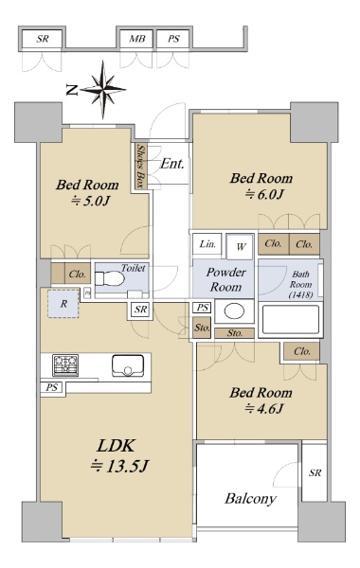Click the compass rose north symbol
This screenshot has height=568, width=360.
point(103,89)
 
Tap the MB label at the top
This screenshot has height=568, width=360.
point(137,39)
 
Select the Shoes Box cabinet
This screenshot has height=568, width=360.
point(140,166)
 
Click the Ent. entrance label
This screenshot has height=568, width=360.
point(172,164)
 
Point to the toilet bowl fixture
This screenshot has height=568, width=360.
point(109,279)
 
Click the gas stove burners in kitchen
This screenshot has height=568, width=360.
point(65,365)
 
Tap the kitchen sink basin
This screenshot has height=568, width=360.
point(128,365)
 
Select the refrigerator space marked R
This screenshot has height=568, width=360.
point(63,304)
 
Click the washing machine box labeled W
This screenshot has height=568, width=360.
point(240,247)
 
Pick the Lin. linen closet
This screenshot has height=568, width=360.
point(207,244)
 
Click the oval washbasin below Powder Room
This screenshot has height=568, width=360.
point(234,311)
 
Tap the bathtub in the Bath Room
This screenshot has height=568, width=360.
point(291,320)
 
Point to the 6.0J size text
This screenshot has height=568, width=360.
point(264,194)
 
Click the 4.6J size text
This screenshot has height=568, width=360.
point(264,409)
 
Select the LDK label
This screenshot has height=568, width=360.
point(116,446)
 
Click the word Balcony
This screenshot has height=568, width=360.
point(250,499)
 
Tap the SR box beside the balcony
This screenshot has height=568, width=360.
point(315,472)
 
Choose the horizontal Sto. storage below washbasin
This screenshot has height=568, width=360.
point(235,333)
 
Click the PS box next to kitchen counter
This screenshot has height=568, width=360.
point(51,387)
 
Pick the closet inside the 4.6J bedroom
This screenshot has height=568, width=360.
point(301,351)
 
